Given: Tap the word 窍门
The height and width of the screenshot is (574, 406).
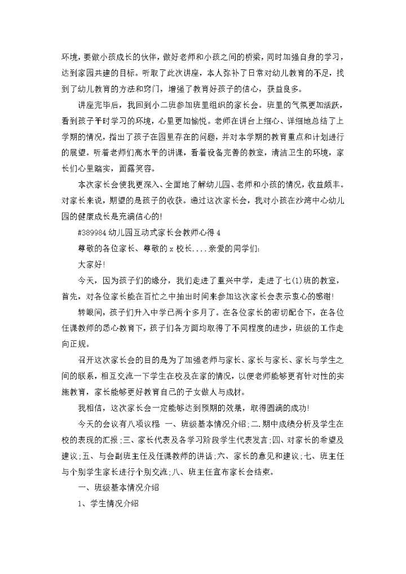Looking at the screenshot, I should coord(154,89).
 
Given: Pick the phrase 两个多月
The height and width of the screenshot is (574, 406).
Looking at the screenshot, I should coord(237,311).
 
